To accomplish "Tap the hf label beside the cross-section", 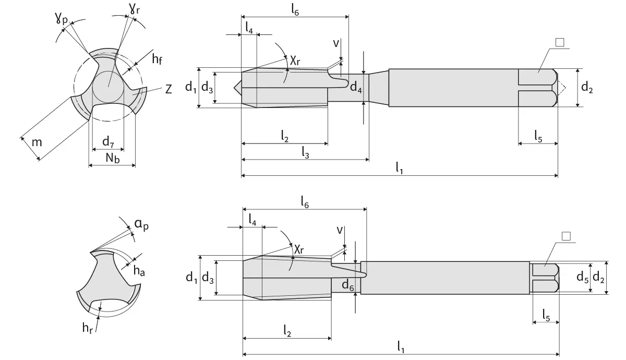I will click(x=157, y=59).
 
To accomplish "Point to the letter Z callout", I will click(x=168, y=90).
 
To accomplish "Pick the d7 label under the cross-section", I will click(x=108, y=141).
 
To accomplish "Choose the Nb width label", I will click(x=113, y=159).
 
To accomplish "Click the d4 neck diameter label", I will click(x=356, y=87).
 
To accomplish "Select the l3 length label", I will click(x=306, y=151).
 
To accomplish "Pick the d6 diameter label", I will click(x=348, y=284).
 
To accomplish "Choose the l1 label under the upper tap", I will click(x=399, y=168).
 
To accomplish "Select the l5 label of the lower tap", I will click(x=546, y=315).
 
